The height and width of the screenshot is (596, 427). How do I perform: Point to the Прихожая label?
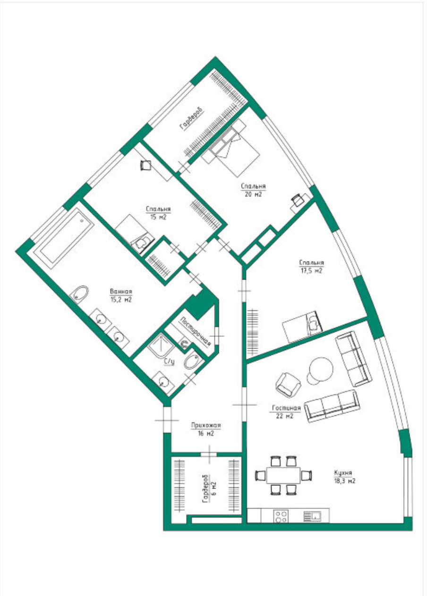[x=206, y=425]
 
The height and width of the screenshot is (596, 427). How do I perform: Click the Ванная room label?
[x=121, y=291]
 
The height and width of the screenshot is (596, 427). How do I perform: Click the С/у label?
[x=169, y=361]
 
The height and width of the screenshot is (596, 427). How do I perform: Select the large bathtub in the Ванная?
[x=67, y=239]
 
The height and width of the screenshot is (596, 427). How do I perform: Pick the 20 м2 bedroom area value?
[x=253, y=194]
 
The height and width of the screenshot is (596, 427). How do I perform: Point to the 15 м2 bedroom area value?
[x=158, y=217]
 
